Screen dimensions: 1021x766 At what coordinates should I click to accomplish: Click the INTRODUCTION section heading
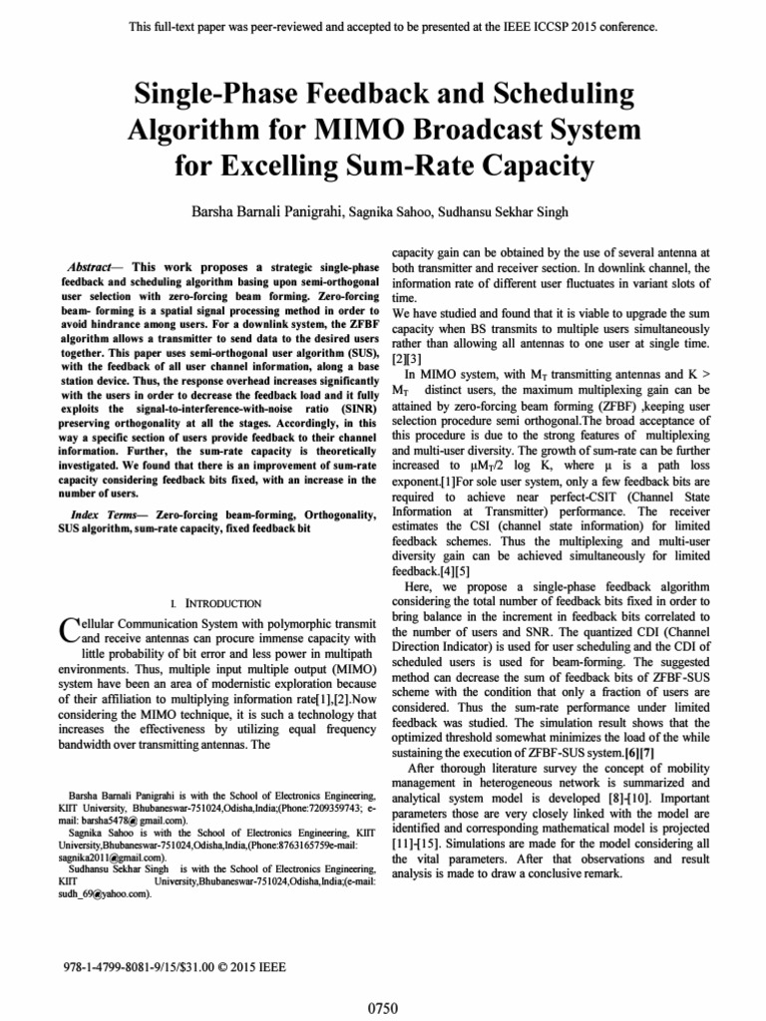(x=219, y=603)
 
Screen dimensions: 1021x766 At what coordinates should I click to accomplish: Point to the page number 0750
(x=383, y=1008)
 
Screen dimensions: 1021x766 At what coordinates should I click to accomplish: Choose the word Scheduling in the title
(x=556, y=95)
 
